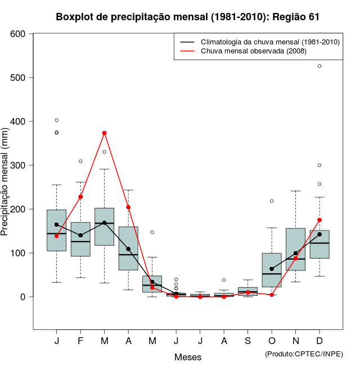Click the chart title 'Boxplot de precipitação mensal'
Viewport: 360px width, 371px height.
[188, 17]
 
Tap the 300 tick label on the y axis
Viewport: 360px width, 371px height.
[18, 165]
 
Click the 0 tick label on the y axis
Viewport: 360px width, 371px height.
[24, 297]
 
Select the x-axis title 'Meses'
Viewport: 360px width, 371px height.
[188, 357]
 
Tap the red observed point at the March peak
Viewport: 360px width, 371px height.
[104, 133]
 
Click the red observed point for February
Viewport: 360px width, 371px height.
[80, 197]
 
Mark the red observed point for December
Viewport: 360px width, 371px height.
[319, 220]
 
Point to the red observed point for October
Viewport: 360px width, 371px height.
[272, 295]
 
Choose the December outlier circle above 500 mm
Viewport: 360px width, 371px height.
[319, 66]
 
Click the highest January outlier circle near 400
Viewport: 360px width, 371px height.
[56, 120]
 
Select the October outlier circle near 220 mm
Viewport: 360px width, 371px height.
[272, 201]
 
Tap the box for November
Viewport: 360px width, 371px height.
[295, 249]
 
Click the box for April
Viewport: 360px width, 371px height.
[128, 248]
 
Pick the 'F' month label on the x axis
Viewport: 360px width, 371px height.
[80, 341]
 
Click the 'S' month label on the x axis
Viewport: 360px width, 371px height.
[247, 341]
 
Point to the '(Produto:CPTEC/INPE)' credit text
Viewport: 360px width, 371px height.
[304, 354]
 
